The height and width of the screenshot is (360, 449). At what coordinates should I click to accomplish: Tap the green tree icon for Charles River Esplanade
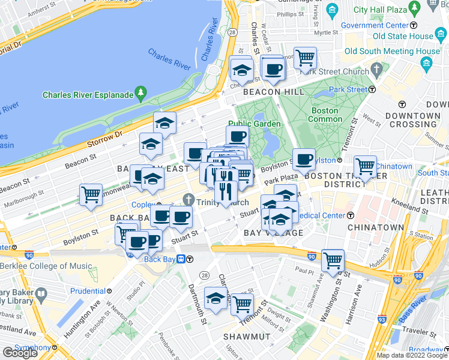pos(140,93)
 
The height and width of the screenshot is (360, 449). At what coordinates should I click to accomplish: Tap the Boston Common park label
pos(324,115)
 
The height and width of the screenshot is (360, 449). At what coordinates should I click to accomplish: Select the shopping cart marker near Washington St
pos(333,260)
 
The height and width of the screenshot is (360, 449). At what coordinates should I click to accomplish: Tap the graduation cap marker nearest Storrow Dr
pos(164,122)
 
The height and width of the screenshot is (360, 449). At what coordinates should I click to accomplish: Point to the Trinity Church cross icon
pos(189,199)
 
